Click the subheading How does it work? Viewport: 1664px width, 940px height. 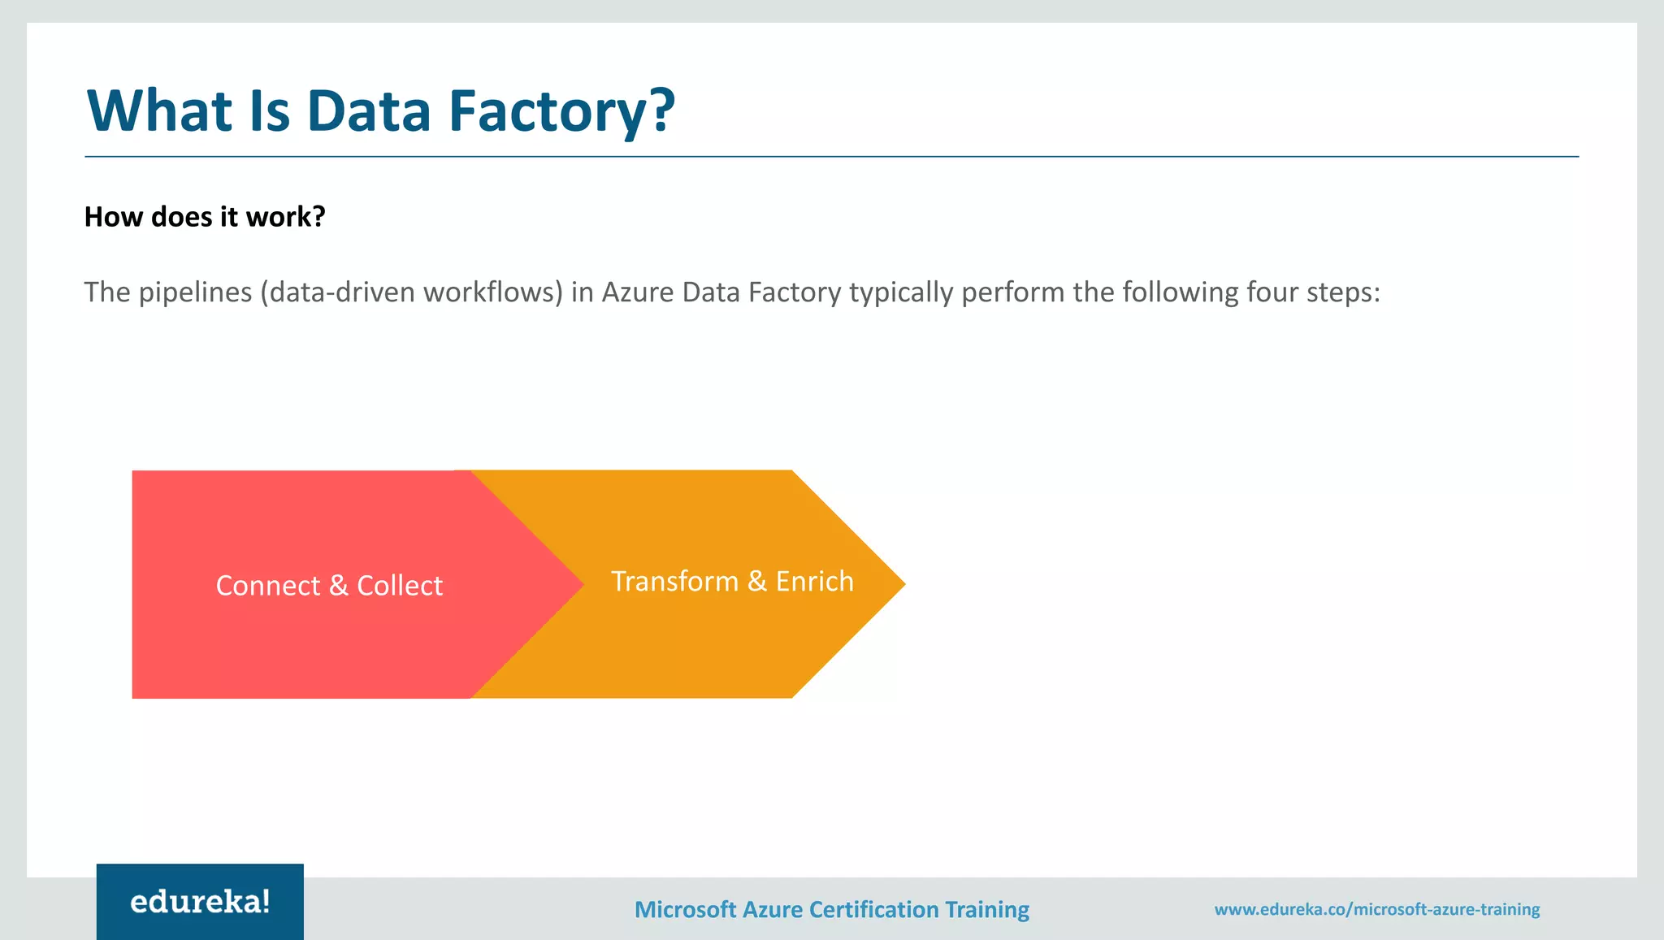point(205,217)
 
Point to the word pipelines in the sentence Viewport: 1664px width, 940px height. point(196,292)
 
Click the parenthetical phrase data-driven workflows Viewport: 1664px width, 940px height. point(412,292)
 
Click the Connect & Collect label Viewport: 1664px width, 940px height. point(329,586)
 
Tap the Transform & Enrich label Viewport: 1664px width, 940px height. point(732,582)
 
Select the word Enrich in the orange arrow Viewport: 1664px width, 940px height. point(814,582)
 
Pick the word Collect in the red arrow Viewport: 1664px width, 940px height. point(400,586)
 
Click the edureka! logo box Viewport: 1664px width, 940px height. point(200,902)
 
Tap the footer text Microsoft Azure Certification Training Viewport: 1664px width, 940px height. point(831,909)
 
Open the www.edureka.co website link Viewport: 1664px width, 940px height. point(1376,909)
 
